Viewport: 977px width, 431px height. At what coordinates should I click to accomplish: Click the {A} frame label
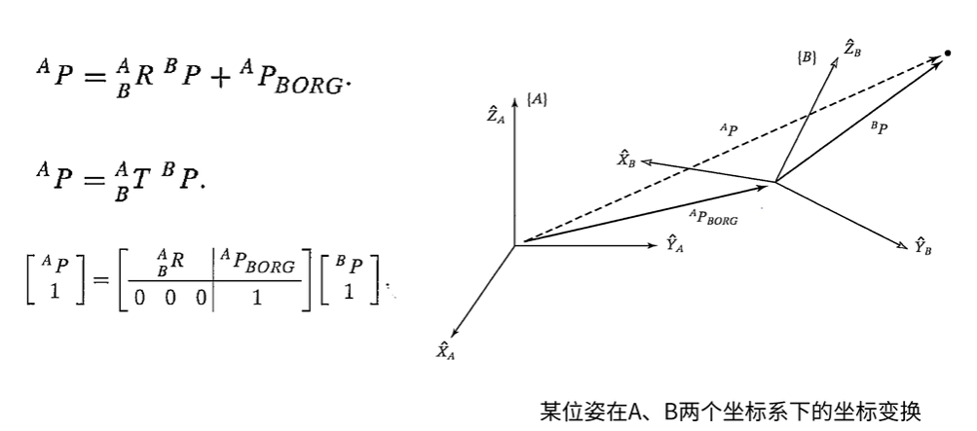pyautogui.click(x=537, y=99)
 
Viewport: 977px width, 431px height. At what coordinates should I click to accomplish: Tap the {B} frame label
pyautogui.click(x=807, y=57)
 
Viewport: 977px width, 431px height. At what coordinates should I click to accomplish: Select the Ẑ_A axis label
pyautogui.click(x=496, y=114)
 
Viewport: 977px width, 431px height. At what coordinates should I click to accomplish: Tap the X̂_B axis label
pyautogui.click(x=626, y=160)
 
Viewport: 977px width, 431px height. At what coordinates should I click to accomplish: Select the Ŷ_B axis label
pyautogui.click(x=922, y=246)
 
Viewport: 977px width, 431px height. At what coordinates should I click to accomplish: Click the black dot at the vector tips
pyautogui.click(x=948, y=54)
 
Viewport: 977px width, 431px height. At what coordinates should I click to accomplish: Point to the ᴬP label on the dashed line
pyautogui.click(x=729, y=130)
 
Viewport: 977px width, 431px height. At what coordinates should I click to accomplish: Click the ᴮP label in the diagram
pyautogui.click(x=880, y=127)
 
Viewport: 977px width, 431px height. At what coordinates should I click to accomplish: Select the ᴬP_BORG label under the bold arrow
pyautogui.click(x=713, y=217)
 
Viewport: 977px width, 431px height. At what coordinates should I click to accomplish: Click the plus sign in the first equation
pyautogui.click(x=219, y=79)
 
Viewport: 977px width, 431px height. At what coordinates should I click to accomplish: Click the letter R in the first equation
pyautogui.click(x=145, y=78)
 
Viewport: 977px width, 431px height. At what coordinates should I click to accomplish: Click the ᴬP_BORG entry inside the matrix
pyautogui.click(x=258, y=263)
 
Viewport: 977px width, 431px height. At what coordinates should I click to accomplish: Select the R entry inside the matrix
pyautogui.click(x=169, y=261)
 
